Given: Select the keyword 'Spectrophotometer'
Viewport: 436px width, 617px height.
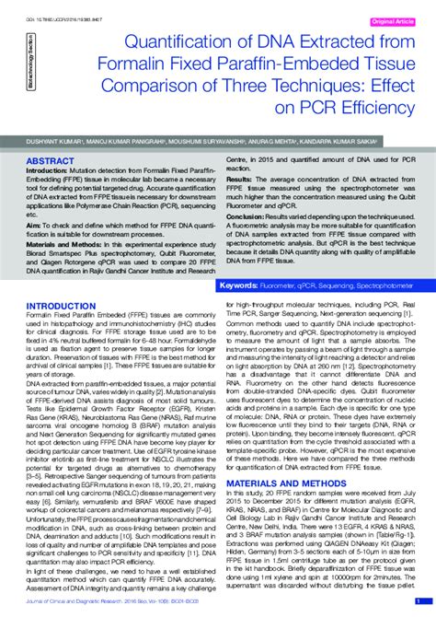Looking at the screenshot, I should point(382,286).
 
